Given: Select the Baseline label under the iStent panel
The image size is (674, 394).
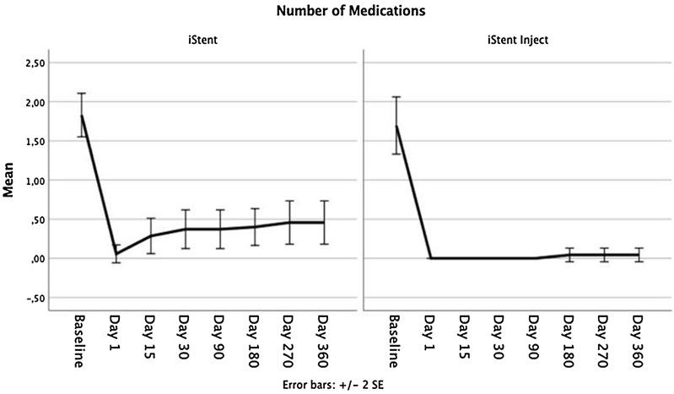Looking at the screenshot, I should coord(81,342).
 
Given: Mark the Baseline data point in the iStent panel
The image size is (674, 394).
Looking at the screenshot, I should coord(81,116).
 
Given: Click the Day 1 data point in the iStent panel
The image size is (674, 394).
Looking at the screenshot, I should coord(116,254).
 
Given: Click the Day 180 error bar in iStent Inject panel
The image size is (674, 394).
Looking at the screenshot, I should coord(570,255).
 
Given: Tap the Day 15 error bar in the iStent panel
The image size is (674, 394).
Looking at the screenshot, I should coord(150,236).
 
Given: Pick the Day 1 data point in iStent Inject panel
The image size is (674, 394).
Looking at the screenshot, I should coord(432,258).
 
